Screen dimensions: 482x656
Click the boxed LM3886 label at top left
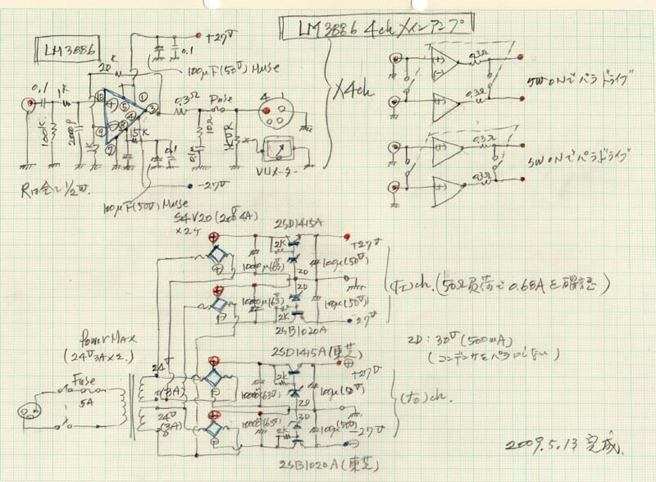click(x=63, y=52)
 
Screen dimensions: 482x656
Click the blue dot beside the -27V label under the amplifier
click(x=190, y=184)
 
